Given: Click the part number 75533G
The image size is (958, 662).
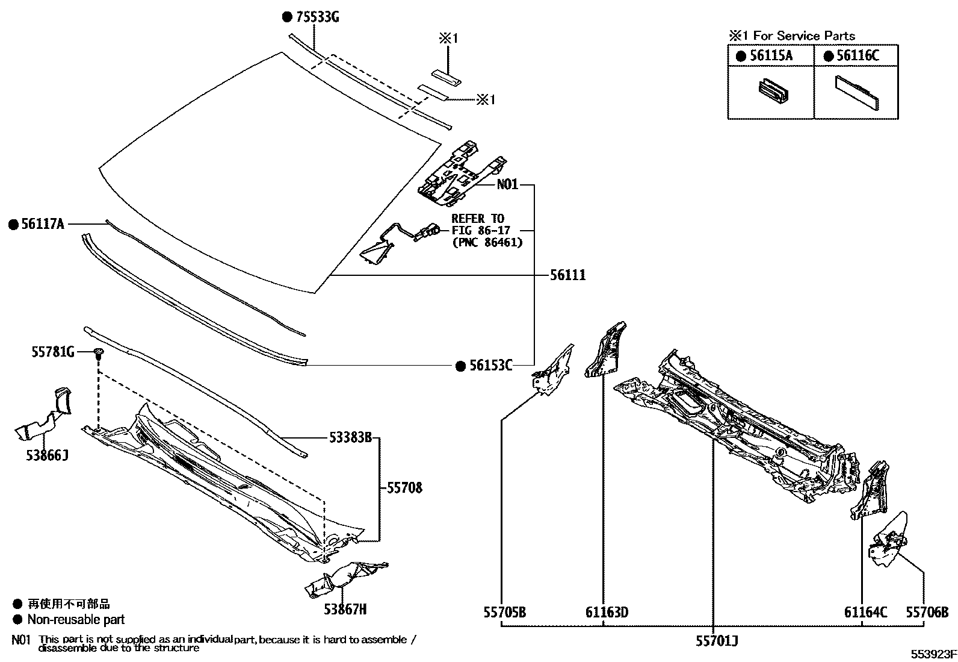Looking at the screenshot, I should tap(316, 17).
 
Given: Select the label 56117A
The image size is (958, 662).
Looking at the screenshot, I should tap(42, 225).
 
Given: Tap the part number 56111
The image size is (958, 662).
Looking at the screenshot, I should tap(567, 275).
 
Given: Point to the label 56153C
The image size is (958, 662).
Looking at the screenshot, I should tap(491, 366).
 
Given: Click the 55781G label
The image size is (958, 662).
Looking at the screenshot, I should tap(53, 352).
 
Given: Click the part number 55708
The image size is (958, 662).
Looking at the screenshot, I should tap(404, 488).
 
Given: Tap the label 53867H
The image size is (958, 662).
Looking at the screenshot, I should tap(345, 610).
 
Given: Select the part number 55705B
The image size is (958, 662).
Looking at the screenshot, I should tap(504, 613).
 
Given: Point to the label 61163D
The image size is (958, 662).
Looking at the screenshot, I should tap(607, 613).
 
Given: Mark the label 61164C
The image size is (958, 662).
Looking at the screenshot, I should tap(865, 613).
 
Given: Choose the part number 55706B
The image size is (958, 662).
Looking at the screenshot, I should tap(927, 613).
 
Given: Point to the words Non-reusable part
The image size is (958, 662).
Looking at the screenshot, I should tap(76, 619).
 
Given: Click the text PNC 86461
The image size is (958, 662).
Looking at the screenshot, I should tap(487, 243).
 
